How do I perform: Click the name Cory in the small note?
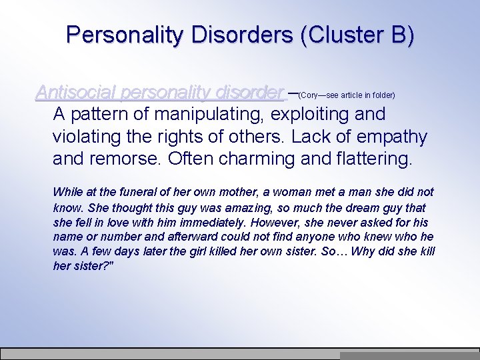pyautogui.click(x=312, y=95)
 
